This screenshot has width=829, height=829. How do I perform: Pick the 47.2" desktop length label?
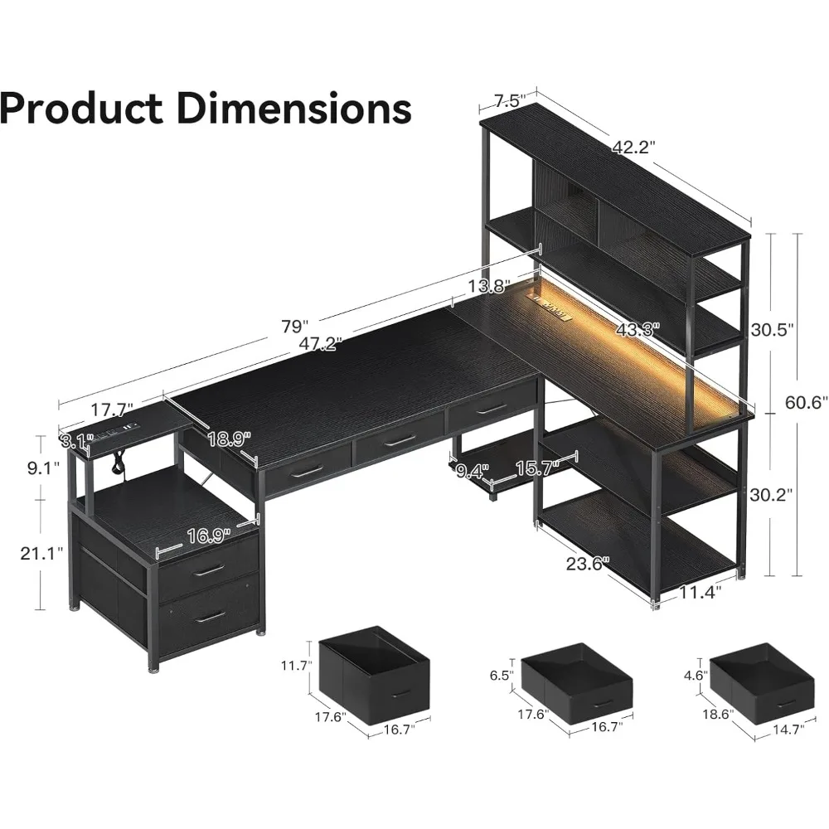point(321,344)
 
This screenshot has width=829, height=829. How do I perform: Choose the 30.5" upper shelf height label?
point(771,328)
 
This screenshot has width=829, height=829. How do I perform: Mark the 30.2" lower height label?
point(771,495)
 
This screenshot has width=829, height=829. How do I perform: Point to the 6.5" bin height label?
point(502,676)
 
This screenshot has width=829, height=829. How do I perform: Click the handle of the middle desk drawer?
point(400,441)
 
